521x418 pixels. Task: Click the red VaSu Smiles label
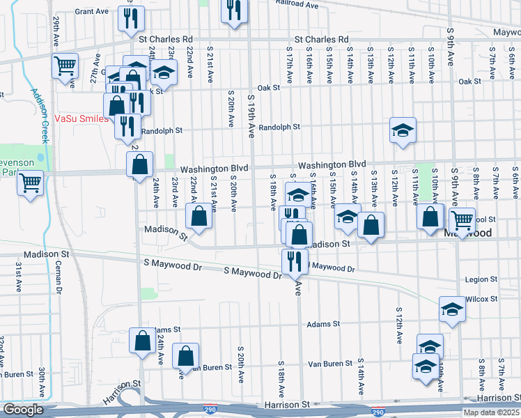pos(82,118)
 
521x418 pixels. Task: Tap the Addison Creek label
pos(38,116)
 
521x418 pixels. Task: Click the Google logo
pos(23,410)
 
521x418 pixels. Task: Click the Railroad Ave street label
pos(297,4)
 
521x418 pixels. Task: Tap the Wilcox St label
pos(482,299)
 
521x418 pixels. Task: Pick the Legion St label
pos(481,279)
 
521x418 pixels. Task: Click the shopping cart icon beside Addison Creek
pos(64,66)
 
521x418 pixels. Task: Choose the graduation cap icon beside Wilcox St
pos(452,309)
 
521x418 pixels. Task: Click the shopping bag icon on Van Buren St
pos(186,355)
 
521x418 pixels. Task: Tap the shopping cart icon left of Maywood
pos(462,220)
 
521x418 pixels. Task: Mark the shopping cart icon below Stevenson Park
pos(31,183)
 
